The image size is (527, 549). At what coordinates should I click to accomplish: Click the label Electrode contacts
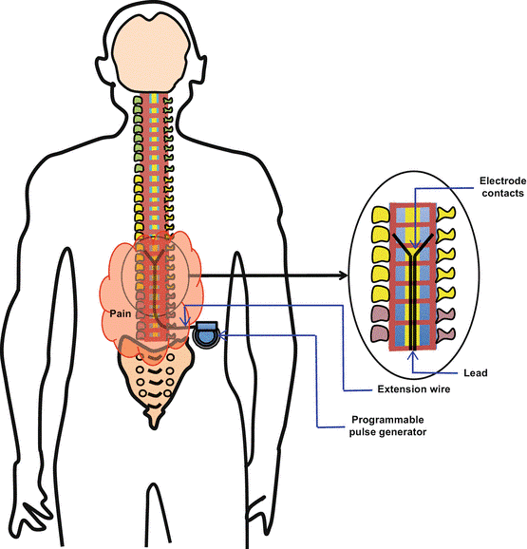[x=502, y=187]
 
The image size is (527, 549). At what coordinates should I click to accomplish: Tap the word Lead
[x=475, y=373]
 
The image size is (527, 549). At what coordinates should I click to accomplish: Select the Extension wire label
[x=414, y=389]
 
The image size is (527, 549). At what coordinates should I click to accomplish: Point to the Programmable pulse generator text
[x=387, y=426]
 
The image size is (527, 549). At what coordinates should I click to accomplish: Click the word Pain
[x=121, y=313]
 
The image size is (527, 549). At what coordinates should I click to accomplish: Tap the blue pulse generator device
[x=206, y=334]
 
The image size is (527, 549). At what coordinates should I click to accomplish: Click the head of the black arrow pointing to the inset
[x=343, y=275]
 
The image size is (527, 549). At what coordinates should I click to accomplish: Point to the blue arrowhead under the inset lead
[x=413, y=356]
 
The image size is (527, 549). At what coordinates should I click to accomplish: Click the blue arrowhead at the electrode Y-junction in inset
[x=415, y=244]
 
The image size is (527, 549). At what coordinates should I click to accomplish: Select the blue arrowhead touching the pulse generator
[x=222, y=335]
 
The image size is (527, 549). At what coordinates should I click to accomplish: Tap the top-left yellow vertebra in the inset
[x=381, y=215]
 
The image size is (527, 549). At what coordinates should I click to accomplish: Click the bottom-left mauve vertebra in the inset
[x=381, y=334]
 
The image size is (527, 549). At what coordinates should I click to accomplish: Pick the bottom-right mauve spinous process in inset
[x=445, y=334]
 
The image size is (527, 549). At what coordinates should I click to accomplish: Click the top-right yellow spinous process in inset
[x=446, y=214]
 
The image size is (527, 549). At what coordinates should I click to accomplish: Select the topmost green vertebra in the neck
[x=138, y=101]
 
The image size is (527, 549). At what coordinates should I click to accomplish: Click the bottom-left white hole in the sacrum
[x=141, y=393]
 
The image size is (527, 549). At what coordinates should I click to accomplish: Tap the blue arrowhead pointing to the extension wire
[x=185, y=321]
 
